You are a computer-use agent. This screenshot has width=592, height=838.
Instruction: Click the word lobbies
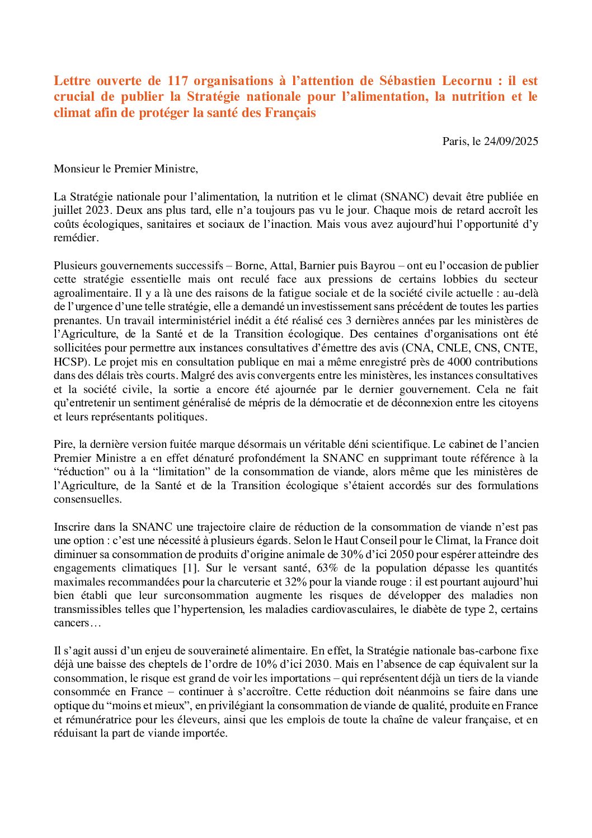(461, 279)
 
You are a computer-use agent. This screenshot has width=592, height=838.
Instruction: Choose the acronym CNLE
(452, 348)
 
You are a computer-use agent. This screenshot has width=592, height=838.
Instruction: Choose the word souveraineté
(215, 650)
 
